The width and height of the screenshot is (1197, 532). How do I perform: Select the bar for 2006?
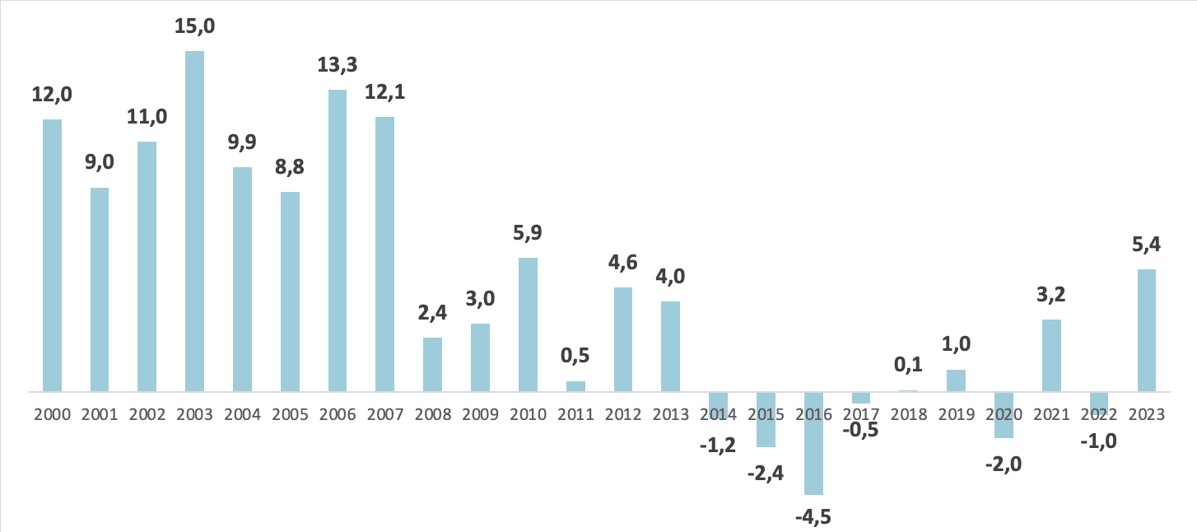click(338, 240)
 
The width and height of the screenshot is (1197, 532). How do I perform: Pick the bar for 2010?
click(528, 324)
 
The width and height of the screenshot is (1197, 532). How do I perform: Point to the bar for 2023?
click(1146, 329)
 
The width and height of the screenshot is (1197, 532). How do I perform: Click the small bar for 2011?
click(575, 385)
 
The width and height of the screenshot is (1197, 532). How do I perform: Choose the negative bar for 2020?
click(1004, 414)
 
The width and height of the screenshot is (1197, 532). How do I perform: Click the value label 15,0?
click(195, 27)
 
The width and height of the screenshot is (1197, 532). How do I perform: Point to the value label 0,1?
click(908, 363)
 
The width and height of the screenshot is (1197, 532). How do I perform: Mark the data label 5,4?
click(1146, 245)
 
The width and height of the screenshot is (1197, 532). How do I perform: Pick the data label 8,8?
click(290, 168)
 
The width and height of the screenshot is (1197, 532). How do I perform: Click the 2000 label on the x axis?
click(52, 414)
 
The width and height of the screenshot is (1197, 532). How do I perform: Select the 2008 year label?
click(432, 414)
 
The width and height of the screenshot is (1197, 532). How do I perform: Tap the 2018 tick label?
click(908, 414)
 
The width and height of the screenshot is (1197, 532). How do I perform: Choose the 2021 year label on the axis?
click(1051, 414)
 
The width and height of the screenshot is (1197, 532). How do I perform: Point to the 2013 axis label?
click(670, 414)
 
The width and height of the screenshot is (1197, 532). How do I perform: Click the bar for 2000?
click(52, 255)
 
